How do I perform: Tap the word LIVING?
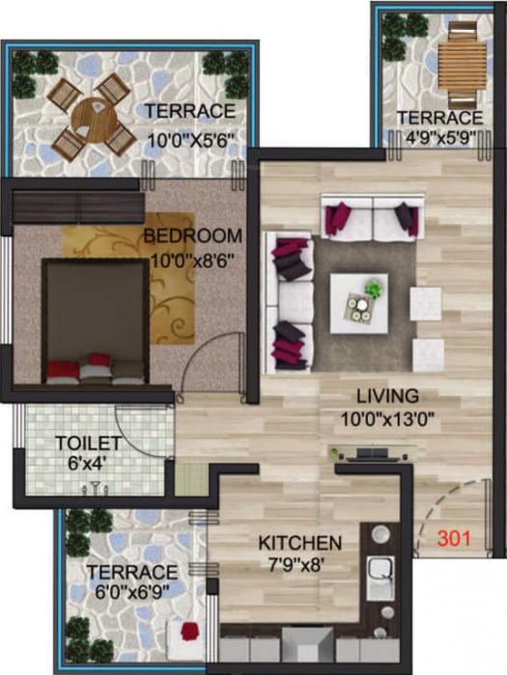click(387, 395)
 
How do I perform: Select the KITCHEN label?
click(299, 543)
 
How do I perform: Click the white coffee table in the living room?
click(358, 303)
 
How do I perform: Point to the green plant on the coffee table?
click(373, 287)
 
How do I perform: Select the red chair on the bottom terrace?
click(189, 634)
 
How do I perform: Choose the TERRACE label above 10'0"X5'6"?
click(190, 111)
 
